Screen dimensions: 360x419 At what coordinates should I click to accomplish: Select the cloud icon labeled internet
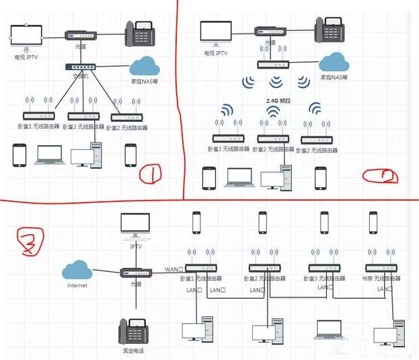pyautogui.click(x=77, y=271)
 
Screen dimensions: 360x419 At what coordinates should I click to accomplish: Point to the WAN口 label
pyautogui.click(x=173, y=269)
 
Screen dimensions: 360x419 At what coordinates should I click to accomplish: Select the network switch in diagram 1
pyautogui.click(x=81, y=67)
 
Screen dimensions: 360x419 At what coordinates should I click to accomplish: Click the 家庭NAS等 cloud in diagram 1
pyautogui.click(x=144, y=65)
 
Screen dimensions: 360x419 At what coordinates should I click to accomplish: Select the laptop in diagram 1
pyautogui.click(x=48, y=154)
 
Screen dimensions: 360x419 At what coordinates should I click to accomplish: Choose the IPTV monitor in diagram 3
pyautogui.click(x=137, y=225)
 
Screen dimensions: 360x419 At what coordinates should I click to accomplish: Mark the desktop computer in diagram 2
pyautogui.click(x=276, y=177)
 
